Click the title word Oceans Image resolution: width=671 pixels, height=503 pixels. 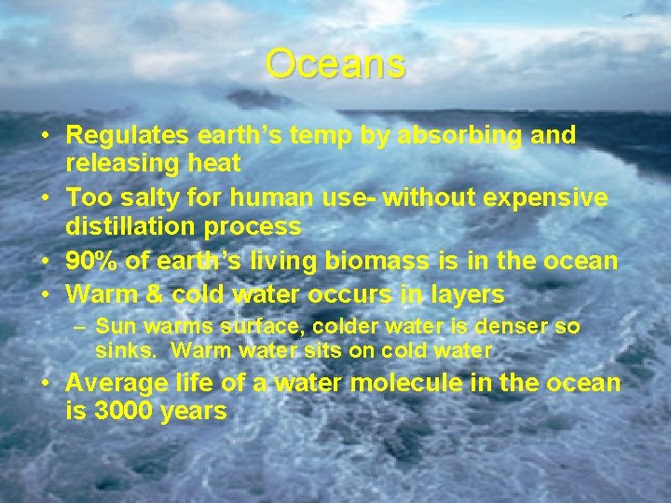click(335, 64)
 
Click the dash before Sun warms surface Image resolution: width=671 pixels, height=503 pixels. click(82, 328)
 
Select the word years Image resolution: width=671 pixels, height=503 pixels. click(194, 411)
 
